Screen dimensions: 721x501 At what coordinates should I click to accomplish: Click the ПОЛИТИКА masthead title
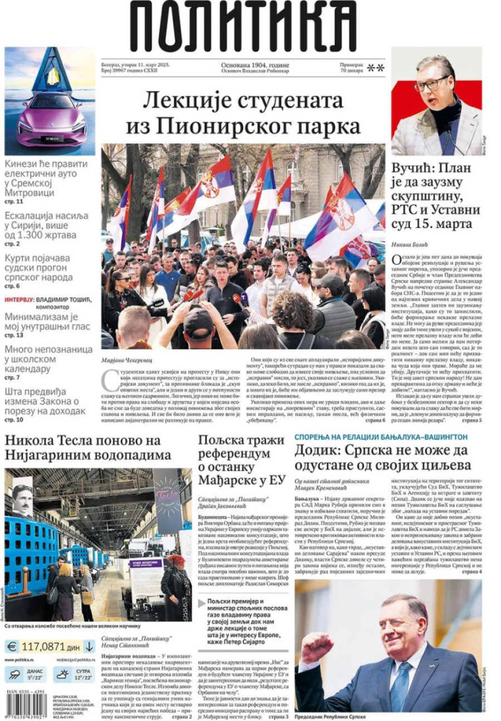point(243,27)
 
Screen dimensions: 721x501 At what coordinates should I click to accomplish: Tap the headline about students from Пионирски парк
point(243,113)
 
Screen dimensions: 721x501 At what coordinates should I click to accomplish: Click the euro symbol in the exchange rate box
point(12,646)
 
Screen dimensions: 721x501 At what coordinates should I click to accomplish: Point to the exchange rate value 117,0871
point(43,646)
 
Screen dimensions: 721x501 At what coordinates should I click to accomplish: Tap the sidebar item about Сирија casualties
point(47,225)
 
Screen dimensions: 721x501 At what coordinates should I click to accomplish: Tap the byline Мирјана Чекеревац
point(126,360)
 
